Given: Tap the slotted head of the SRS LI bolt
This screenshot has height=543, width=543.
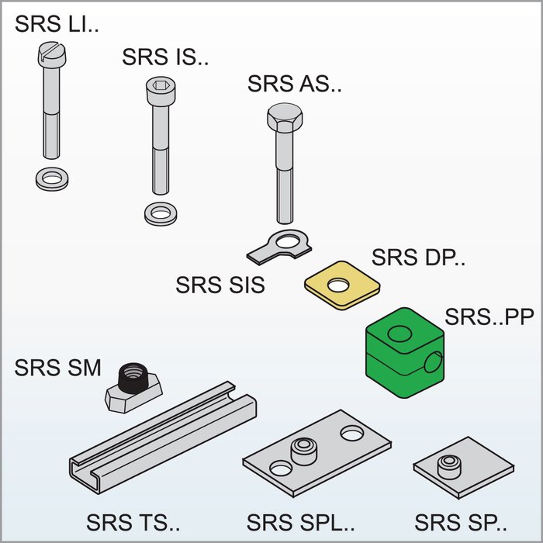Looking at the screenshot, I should pyautogui.click(x=52, y=54).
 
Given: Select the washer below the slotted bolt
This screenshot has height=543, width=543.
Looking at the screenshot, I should pyautogui.click(x=52, y=178).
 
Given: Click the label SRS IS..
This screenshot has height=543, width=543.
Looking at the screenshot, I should pyautogui.click(x=165, y=57).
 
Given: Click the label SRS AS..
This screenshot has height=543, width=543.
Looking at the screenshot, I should pyautogui.click(x=295, y=84).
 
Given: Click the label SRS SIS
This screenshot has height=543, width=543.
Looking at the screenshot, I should pyautogui.click(x=220, y=285).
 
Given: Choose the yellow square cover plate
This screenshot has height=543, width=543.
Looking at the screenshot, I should pyautogui.click(x=341, y=284).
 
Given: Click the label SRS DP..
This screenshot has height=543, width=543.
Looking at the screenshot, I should pyautogui.click(x=419, y=258).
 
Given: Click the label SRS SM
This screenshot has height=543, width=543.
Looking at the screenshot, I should pyautogui.click(x=57, y=368).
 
